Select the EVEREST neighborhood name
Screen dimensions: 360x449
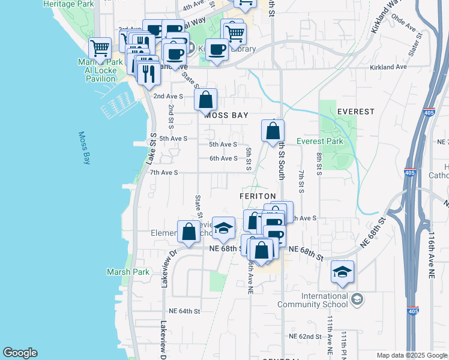[x=355, y=112]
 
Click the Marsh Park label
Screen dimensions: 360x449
[x=127, y=272]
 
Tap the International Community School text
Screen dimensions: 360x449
[x=316, y=300]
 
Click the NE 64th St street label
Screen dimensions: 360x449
[x=184, y=311]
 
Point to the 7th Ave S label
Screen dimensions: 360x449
[x=164, y=172]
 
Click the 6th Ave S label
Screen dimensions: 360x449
[x=223, y=158]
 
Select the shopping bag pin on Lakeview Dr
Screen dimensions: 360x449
[x=188, y=232]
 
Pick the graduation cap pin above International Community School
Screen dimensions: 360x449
[x=342, y=272]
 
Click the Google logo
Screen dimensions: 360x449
[x=20, y=353]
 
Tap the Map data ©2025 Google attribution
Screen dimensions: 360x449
[x=411, y=355]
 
